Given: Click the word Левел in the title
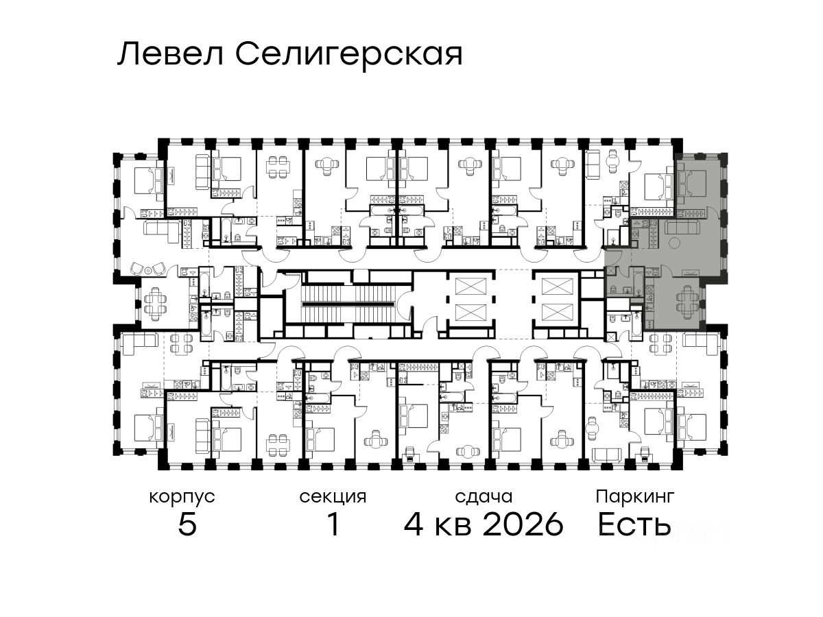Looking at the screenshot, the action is pyautogui.click(x=171, y=54).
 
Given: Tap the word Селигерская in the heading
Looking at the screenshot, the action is pyautogui.click(x=348, y=56).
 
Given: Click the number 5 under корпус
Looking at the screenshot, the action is pyautogui.click(x=187, y=524).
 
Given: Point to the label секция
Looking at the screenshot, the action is pyautogui.click(x=333, y=498).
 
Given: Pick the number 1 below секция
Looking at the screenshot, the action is pyautogui.click(x=333, y=524).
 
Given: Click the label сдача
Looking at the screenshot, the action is pyautogui.click(x=484, y=497).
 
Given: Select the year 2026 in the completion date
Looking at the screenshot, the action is pyautogui.click(x=523, y=524).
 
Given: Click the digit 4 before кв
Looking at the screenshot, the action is pyautogui.click(x=414, y=524).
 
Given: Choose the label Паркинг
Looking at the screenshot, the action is pyautogui.click(x=635, y=497).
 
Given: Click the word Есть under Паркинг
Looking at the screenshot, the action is pyautogui.click(x=634, y=524).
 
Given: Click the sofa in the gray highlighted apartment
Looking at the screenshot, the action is pyautogui.click(x=682, y=228).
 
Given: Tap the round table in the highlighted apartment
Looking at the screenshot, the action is pyautogui.click(x=674, y=243).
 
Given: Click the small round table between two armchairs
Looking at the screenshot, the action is pyautogui.click(x=148, y=269).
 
